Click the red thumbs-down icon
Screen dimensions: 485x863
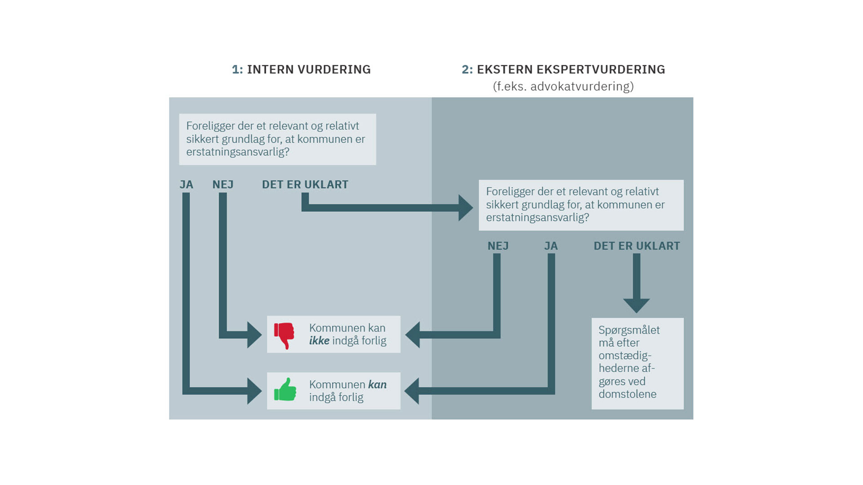coord(284,335)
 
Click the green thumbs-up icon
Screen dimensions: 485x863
coord(285,390)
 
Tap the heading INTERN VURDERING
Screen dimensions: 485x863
coord(309,70)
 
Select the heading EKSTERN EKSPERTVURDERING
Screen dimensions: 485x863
coord(571,70)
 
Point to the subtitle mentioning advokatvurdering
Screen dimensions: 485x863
coord(563,86)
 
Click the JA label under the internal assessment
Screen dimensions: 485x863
coord(186,185)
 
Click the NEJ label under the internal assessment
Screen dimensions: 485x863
coord(223,185)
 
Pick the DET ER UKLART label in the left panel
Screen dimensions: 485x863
coord(305,185)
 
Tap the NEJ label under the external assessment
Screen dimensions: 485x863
coord(498,246)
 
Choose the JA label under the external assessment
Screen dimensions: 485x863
coord(551,246)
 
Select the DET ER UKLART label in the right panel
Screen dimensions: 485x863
coord(636,246)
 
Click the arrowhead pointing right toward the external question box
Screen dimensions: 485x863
coord(465,207)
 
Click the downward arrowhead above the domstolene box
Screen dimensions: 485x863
coord(636,305)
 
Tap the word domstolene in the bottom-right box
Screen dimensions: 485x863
coord(627,394)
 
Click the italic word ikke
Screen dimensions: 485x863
coord(319,341)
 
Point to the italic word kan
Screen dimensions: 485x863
coord(377,384)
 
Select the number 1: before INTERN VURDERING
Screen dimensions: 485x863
coord(237,70)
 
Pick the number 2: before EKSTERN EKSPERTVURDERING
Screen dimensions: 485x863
coord(467,70)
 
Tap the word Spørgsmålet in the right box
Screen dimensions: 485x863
coord(629,330)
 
